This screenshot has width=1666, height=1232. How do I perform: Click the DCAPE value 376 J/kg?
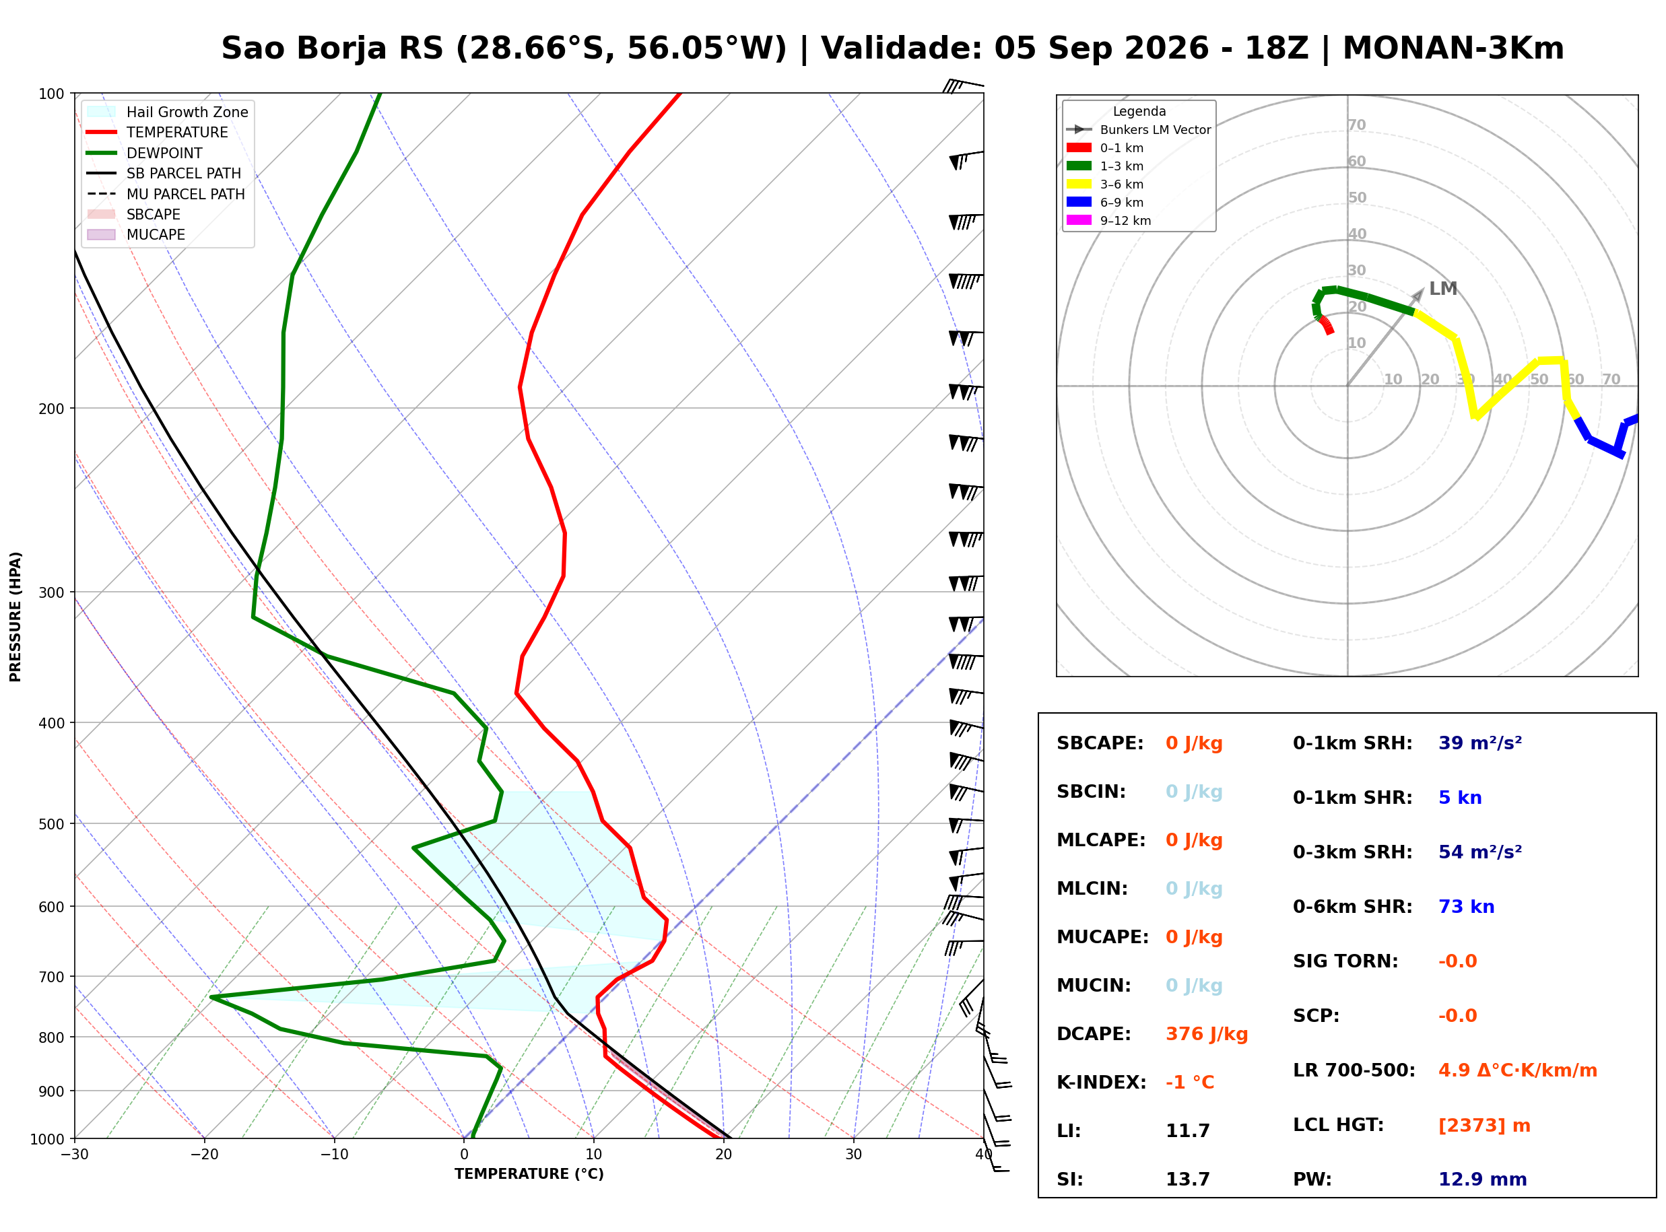coord(1207,1034)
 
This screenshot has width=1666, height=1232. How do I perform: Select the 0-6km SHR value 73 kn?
coord(1466,907)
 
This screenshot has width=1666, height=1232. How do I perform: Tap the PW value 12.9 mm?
coord(1483,1179)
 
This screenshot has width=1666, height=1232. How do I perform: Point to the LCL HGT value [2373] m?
coord(1484,1126)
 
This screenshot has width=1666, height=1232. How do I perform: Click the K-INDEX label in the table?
coord(1102,1083)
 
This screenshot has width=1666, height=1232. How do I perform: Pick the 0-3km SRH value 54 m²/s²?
coord(1480,852)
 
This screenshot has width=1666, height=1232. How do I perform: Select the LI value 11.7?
coord(1187,1131)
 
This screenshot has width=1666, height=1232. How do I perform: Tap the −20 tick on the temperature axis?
coord(204,1155)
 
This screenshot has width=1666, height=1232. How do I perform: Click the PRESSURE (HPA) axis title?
coord(15,617)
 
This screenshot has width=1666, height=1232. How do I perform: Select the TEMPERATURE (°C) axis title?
coord(529,1174)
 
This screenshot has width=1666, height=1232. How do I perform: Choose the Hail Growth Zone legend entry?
coord(168,112)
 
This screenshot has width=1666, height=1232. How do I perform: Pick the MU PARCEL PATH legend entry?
coord(166,194)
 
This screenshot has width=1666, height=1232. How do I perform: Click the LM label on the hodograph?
coord(1442,289)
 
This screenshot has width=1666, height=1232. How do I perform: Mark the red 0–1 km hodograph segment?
coord(1326,325)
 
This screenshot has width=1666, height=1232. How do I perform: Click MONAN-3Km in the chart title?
coord(1453,48)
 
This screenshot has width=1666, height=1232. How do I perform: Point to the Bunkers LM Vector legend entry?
coord(1139,130)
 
